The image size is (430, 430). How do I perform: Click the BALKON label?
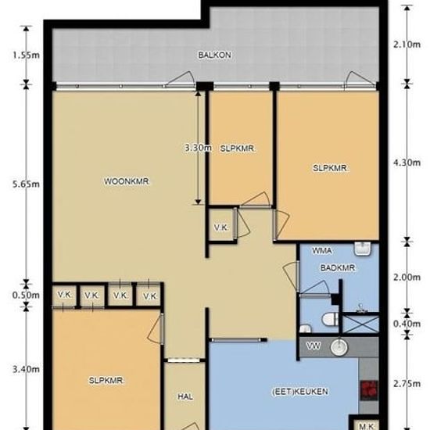click(214, 56)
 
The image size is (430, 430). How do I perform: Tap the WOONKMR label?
click(127, 181)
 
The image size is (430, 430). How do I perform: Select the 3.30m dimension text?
click(199, 148)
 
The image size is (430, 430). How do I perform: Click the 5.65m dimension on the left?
click(26, 184)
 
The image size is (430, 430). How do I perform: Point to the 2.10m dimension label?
click(407, 45)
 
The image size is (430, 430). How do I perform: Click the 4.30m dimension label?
click(407, 163)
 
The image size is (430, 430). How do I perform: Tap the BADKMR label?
click(338, 267)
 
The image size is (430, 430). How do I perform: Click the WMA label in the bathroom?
click(322, 251)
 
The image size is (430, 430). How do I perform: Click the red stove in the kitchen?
click(369, 390)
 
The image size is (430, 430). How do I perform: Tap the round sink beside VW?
click(339, 347)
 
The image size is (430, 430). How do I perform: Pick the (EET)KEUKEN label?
click(300, 392)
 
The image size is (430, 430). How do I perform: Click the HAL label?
click(185, 396)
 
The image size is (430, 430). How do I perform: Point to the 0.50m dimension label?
click(26, 296)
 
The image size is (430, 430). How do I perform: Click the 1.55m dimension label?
click(26, 56)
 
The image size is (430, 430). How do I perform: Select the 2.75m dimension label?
click(407, 384)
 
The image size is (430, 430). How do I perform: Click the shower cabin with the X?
click(360, 324)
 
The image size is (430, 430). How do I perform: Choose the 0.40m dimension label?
click(407, 324)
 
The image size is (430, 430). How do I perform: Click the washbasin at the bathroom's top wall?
click(363, 249)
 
